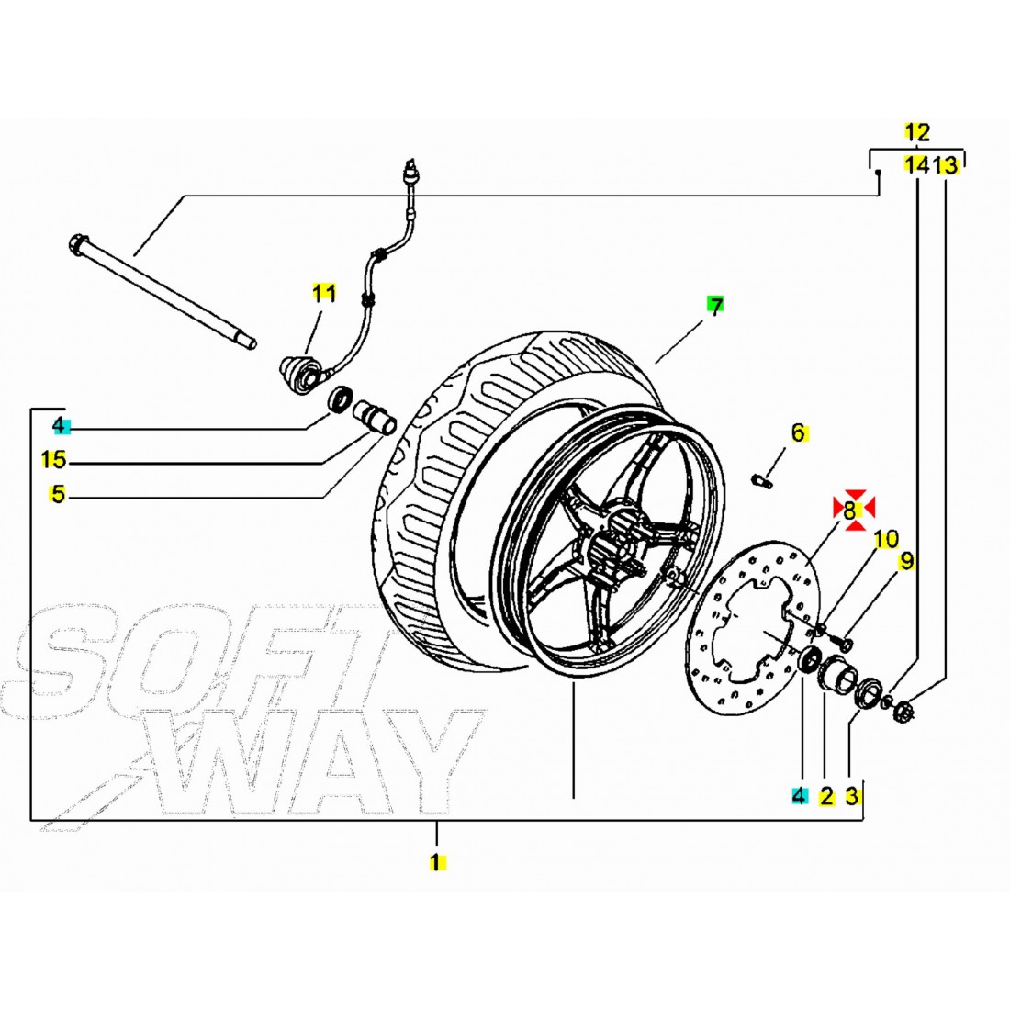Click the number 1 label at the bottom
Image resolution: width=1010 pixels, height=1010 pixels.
click(438, 862)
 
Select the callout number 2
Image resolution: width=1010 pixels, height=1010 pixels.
click(826, 796)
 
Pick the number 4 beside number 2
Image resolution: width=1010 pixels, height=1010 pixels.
click(799, 796)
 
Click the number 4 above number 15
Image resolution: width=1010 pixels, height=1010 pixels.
click(60, 425)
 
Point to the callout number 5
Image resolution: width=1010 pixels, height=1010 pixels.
click(59, 495)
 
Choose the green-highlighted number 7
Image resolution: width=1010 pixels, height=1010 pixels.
click(715, 306)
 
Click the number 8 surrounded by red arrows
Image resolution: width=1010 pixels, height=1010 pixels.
click(853, 508)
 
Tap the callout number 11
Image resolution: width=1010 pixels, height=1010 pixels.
click(323, 294)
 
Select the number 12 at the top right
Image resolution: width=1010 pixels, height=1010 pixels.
click(917, 132)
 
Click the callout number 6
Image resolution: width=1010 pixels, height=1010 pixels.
click(798, 432)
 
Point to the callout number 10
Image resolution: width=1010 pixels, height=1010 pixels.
click(886, 539)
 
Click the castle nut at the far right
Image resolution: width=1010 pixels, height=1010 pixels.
click(902, 710)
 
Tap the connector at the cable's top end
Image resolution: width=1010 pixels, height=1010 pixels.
click(410, 171)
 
